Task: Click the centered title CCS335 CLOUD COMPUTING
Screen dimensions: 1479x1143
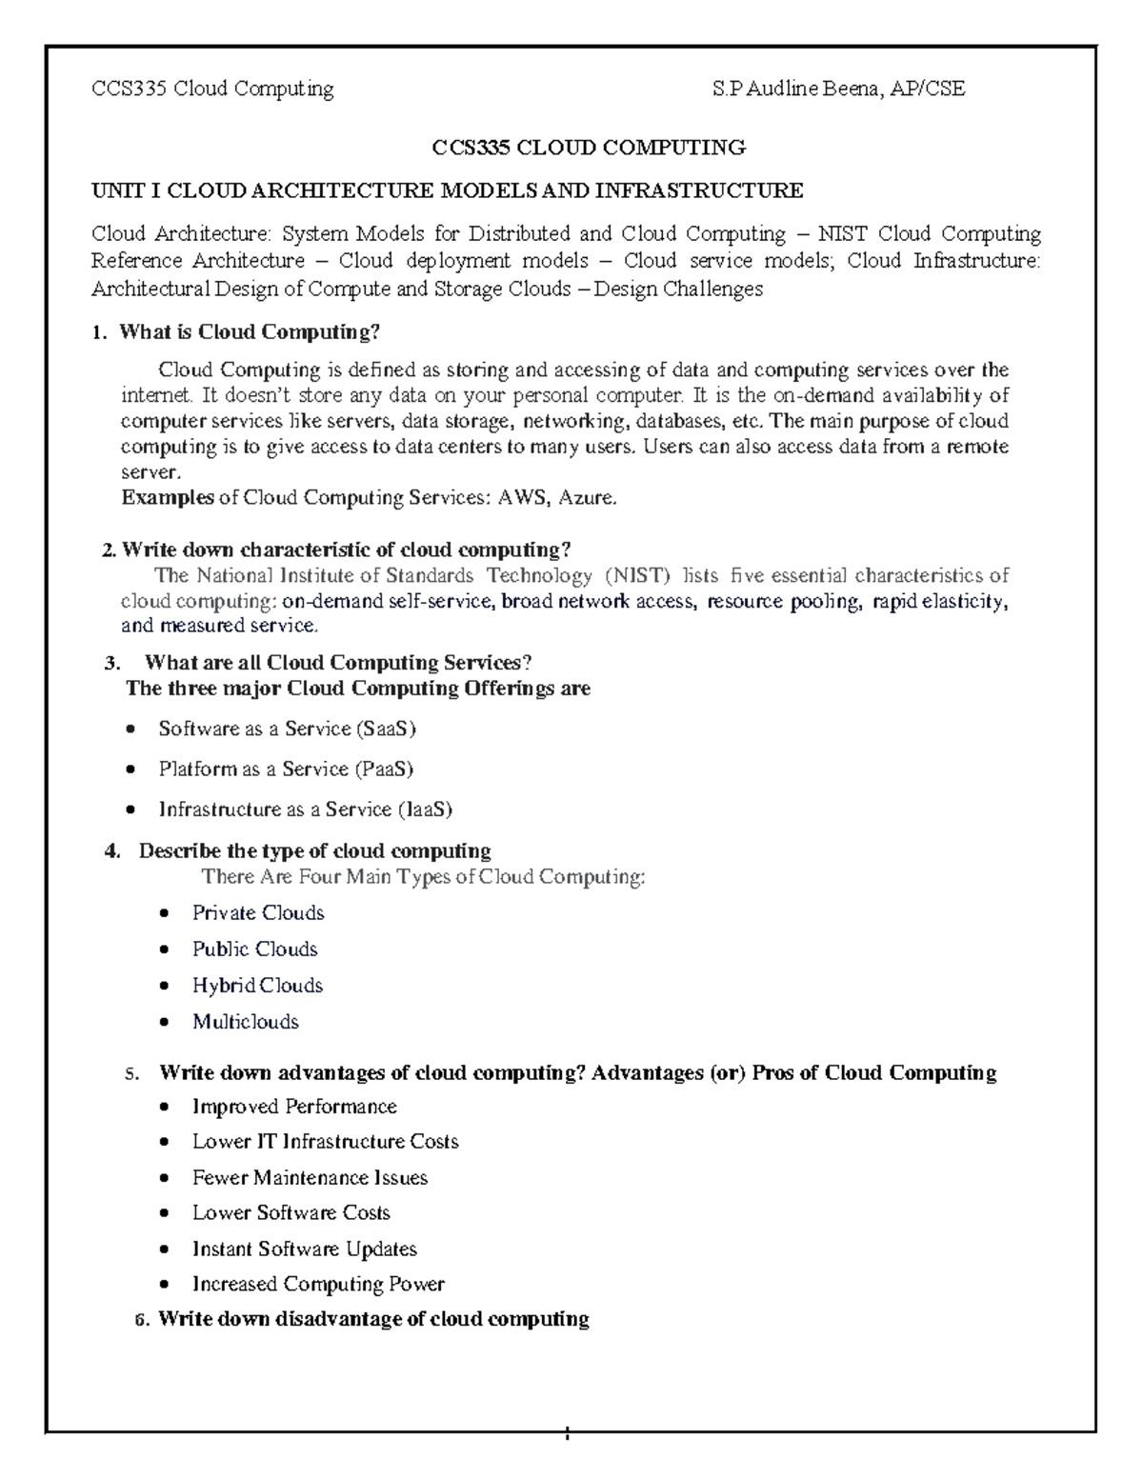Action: click(x=589, y=148)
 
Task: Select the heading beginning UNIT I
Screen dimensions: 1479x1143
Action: click(x=447, y=190)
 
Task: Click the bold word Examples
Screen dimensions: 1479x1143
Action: click(x=168, y=497)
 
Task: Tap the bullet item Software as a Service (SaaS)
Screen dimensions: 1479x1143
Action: click(x=288, y=729)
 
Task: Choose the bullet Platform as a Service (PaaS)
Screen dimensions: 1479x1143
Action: click(x=286, y=769)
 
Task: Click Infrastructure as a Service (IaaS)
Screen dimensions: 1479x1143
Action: click(x=305, y=809)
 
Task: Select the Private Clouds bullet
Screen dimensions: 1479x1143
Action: click(x=258, y=912)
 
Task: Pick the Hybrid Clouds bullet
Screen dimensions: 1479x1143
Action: click(x=257, y=985)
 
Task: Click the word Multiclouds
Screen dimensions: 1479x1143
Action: click(x=246, y=1021)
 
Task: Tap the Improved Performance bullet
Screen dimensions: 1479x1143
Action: click(x=294, y=1106)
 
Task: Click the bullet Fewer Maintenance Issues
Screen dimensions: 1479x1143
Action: click(x=310, y=1177)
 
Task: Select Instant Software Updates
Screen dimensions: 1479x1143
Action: click(x=305, y=1249)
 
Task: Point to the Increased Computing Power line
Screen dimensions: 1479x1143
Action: click(x=318, y=1284)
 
